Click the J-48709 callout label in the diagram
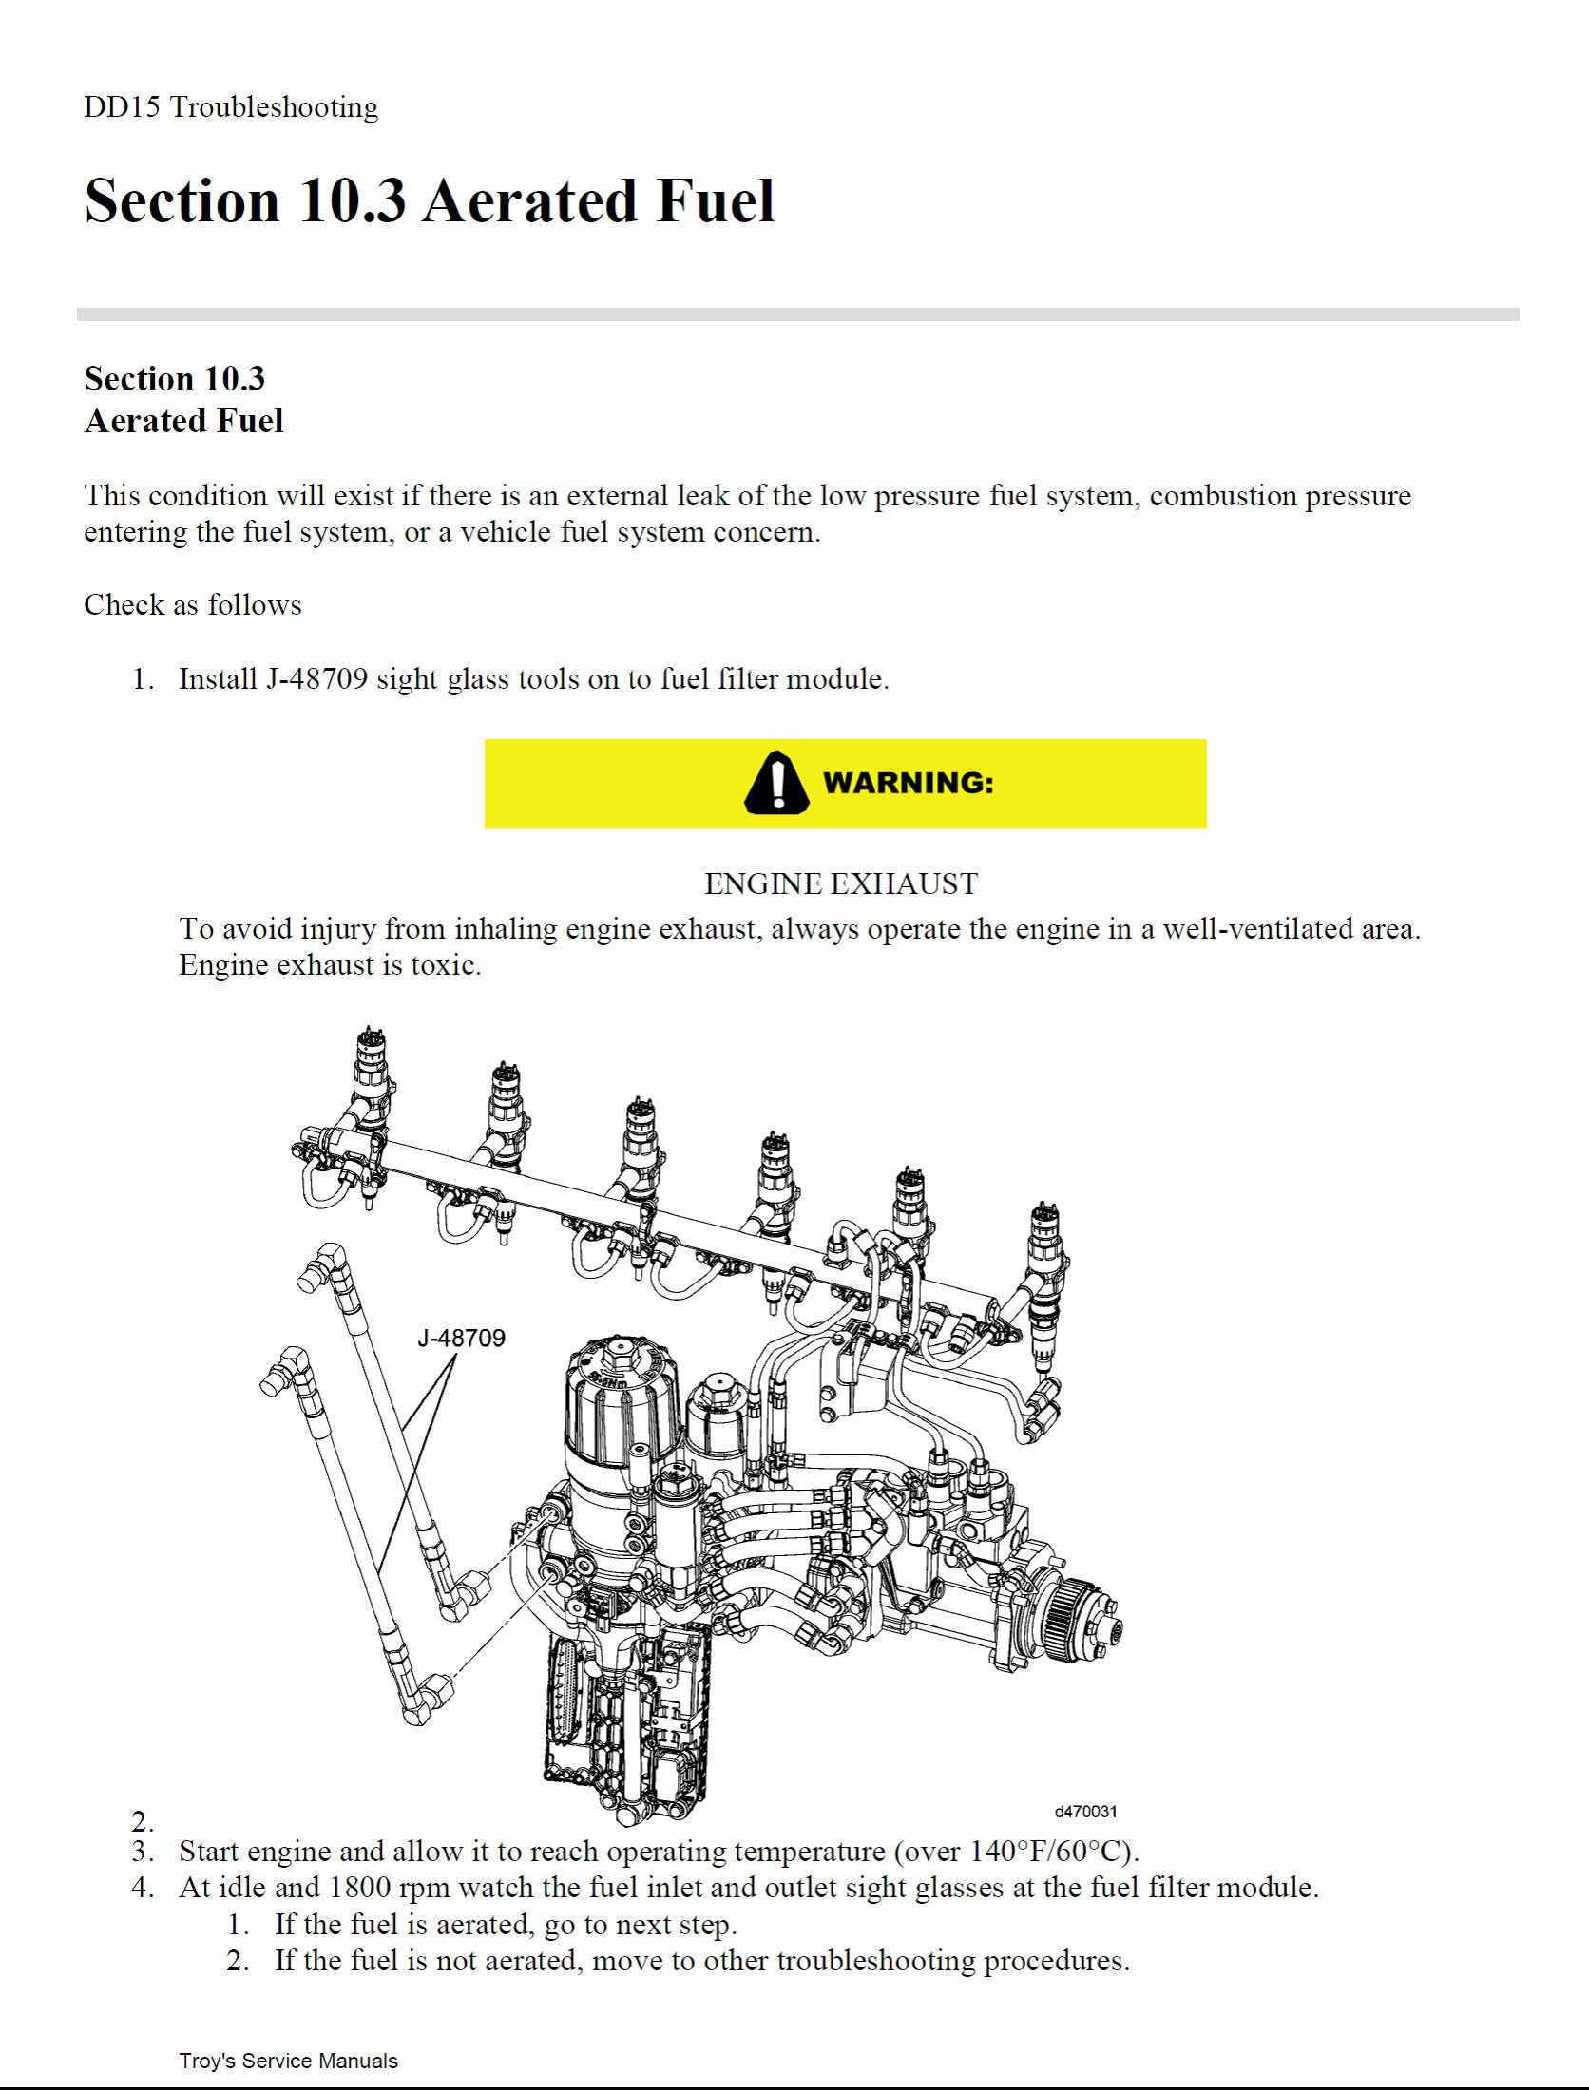point(461,1338)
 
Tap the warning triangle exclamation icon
point(776,783)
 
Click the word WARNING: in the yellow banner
point(908,783)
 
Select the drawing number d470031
point(1085,1812)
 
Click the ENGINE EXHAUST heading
point(840,884)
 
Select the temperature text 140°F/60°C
point(1049,1852)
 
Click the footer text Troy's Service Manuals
point(288,2061)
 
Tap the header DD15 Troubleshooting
point(231,106)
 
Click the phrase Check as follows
point(192,605)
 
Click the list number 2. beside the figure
point(143,1821)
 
